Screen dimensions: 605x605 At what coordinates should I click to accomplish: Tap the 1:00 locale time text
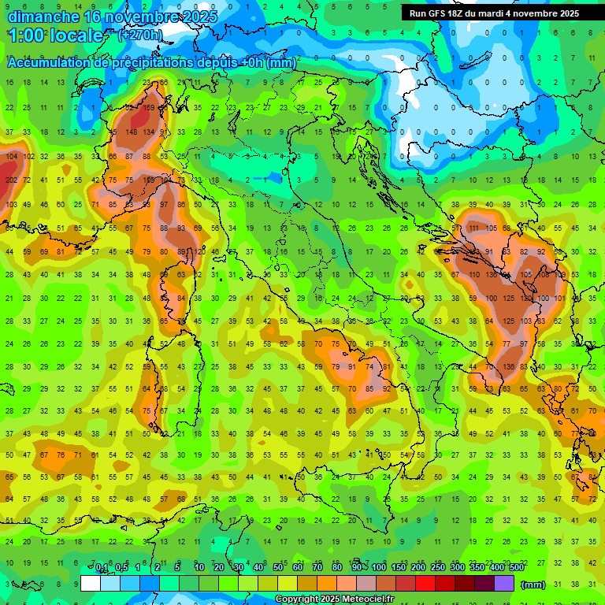(x=55, y=35)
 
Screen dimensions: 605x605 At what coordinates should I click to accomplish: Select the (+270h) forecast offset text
(x=141, y=35)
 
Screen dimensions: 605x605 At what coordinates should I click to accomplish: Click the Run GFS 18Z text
(x=436, y=13)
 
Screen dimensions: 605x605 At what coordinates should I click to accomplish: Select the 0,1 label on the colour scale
(x=102, y=568)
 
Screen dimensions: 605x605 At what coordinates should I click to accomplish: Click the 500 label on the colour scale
(x=516, y=568)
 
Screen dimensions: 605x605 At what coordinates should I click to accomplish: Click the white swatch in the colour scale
(x=91, y=583)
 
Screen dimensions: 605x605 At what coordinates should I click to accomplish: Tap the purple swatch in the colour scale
(x=503, y=583)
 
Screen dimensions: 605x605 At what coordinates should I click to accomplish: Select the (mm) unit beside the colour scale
(x=533, y=585)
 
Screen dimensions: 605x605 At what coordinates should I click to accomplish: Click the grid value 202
(x=11, y=180)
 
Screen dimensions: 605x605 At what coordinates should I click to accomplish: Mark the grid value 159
(x=148, y=108)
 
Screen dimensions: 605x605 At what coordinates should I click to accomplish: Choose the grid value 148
(x=132, y=132)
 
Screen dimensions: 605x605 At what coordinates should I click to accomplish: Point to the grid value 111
(x=474, y=228)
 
